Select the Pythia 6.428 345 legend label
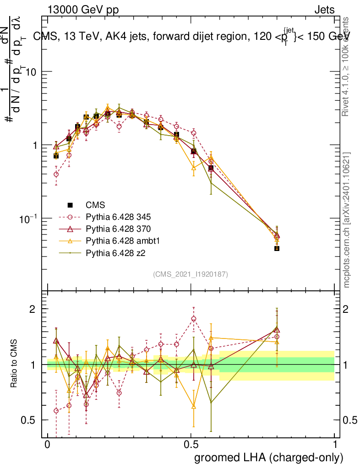click(x=118, y=217)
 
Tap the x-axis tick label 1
click(x=334, y=445)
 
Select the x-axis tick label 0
click(x=47, y=445)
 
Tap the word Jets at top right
click(x=324, y=10)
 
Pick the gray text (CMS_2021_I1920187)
click(x=191, y=274)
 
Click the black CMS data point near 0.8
click(x=277, y=248)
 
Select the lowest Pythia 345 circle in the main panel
click(x=56, y=175)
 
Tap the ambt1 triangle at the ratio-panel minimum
click(x=194, y=406)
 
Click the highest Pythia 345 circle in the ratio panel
click(x=194, y=319)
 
